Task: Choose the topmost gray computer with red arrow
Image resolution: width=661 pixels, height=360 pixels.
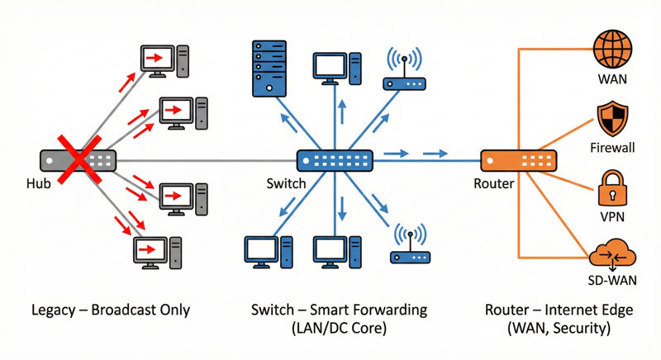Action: click(x=164, y=61)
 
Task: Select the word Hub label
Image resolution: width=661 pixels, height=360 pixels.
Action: click(x=38, y=184)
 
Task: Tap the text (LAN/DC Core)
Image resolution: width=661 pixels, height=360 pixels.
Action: click(x=340, y=329)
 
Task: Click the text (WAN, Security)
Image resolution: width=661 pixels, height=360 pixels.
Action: click(x=561, y=329)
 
